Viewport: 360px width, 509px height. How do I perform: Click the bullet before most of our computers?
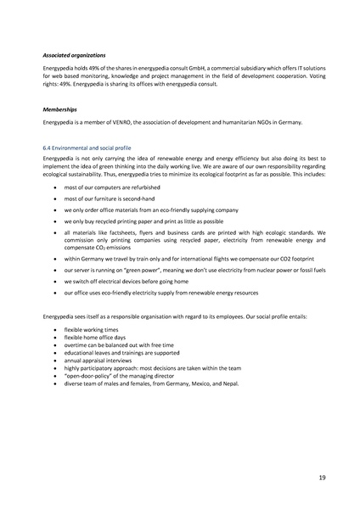54,186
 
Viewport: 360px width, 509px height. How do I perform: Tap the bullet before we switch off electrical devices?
54,280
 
